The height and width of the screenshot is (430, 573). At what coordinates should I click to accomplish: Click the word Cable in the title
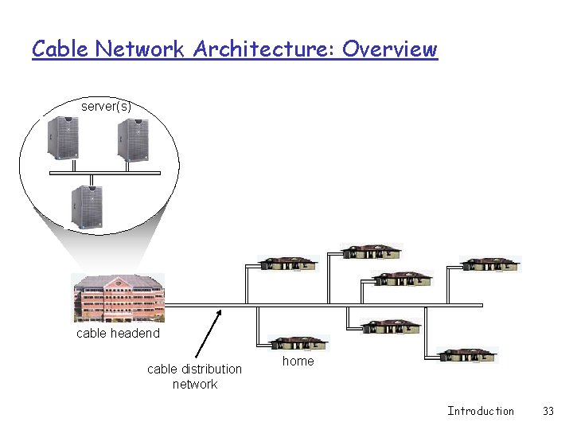pyautogui.click(x=60, y=49)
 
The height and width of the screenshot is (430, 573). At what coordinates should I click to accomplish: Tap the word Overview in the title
pyautogui.click(x=390, y=49)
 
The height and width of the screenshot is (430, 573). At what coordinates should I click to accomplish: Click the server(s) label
pyautogui.click(x=106, y=106)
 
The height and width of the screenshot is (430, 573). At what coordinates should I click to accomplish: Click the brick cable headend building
pyautogui.click(x=118, y=297)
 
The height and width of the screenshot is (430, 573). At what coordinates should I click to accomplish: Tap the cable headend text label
pyautogui.click(x=118, y=334)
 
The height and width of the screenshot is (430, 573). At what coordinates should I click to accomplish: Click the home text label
pyautogui.click(x=298, y=362)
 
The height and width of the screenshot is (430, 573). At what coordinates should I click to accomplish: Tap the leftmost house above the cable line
pyautogui.click(x=288, y=264)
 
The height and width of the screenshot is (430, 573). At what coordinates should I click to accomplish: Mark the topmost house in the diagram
pyautogui.click(x=372, y=252)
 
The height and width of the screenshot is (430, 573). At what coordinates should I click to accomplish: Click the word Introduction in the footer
pyautogui.click(x=481, y=411)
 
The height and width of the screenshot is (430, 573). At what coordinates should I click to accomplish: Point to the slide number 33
pyautogui.click(x=548, y=411)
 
